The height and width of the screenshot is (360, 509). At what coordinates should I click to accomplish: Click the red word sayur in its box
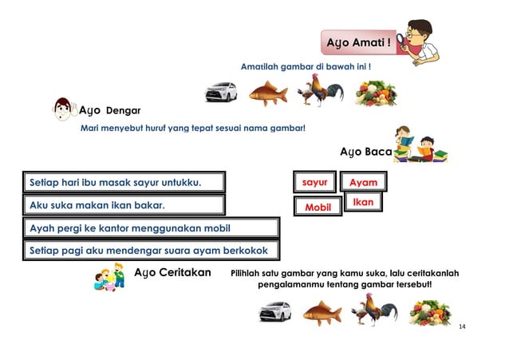point(315,183)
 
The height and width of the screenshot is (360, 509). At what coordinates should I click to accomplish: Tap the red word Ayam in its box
point(363,184)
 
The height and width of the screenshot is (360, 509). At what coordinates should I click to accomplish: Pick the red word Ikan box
point(363,203)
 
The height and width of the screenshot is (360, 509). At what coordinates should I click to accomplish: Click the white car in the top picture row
point(221,93)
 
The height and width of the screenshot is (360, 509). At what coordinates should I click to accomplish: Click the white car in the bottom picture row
point(275,311)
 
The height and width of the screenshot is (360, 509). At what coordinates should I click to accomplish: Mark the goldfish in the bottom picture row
point(322,312)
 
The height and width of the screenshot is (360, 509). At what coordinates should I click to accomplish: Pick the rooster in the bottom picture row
point(374,310)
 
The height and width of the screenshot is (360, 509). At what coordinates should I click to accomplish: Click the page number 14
point(462,327)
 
